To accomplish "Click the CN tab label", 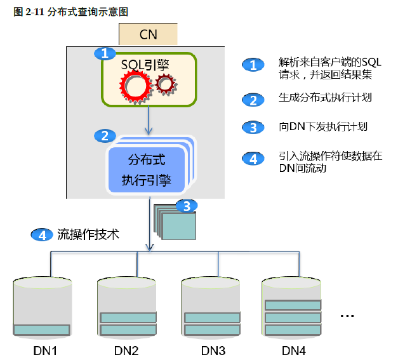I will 148,34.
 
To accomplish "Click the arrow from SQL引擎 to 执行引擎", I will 149,120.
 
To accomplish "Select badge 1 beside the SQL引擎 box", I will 105,53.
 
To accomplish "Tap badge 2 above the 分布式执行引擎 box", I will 105,135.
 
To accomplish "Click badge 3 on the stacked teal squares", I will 186,206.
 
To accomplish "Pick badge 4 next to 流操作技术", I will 43,234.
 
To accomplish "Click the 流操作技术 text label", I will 88,234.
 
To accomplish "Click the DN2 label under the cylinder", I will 126,350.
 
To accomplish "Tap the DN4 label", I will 294,350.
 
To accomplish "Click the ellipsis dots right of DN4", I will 347,315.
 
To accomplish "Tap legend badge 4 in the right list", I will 253,159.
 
